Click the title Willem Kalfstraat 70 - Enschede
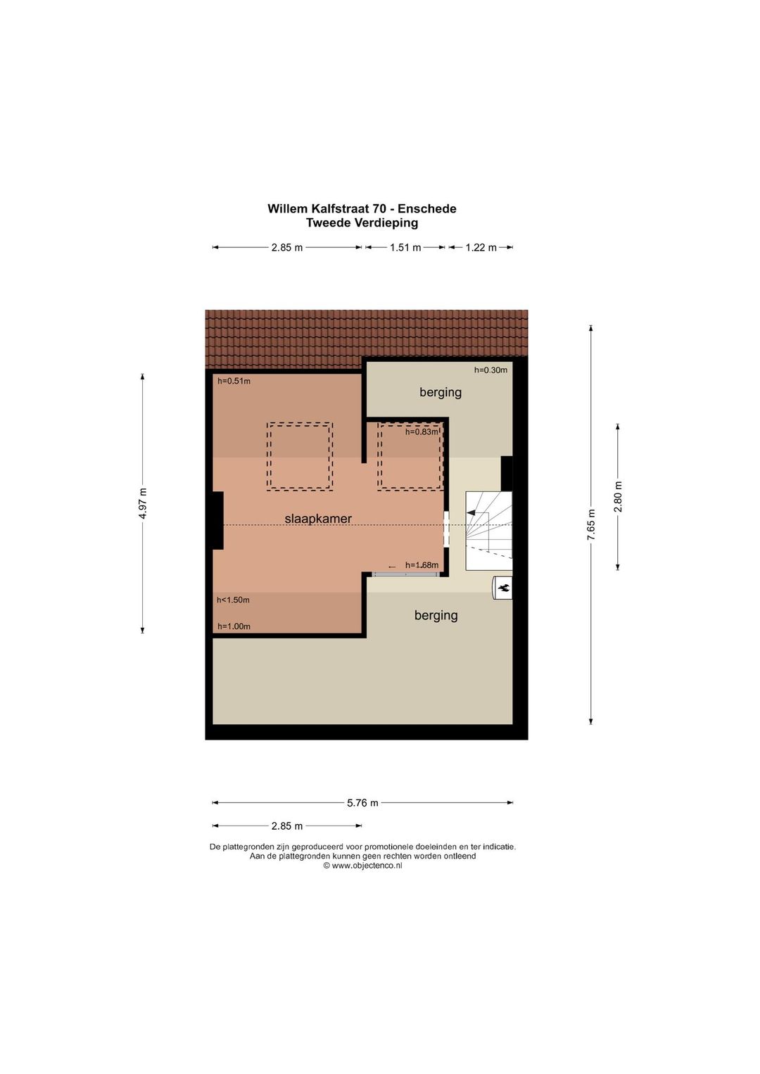[x=362, y=208]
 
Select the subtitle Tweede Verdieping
[x=362, y=222]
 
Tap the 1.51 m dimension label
[x=405, y=248]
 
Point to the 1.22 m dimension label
[x=481, y=248]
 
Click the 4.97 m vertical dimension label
[x=143, y=503]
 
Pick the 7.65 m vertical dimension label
[x=591, y=524]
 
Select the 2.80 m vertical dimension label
[x=618, y=497]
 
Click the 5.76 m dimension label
[x=362, y=802]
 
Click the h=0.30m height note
[x=490, y=369]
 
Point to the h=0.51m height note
[x=234, y=381]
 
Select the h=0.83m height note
[x=422, y=431]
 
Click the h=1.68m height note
[x=422, y=565]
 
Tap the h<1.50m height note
[x=233, y=600]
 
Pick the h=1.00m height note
[x=234, y=626]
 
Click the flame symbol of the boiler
[x=505, y=588]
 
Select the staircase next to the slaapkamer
[x=488, y=531]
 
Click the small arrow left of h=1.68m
[x=392, y=567]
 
